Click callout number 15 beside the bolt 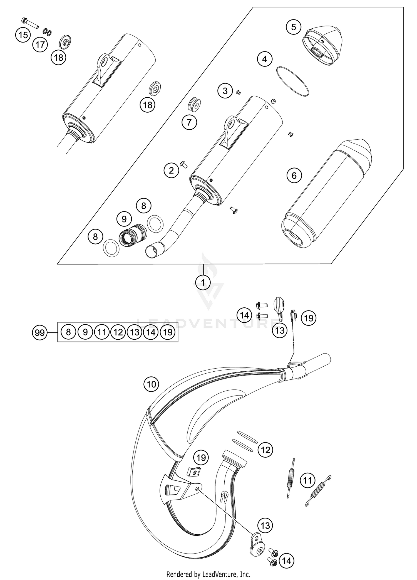point(23,35)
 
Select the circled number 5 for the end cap point(294,27)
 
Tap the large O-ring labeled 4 point(292,82)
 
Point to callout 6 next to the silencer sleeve point(294,176)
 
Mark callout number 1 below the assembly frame point(203,283)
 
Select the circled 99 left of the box point(39,332)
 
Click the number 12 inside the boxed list point(118,332)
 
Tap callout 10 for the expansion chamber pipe point(151,384)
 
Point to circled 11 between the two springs point(307,480)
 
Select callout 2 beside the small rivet point(171,170)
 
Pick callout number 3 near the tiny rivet point(225,91)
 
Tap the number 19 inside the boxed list point(168,332)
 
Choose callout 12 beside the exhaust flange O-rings point(265,450)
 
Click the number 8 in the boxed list point(68,332)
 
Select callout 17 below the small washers point(40,45)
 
